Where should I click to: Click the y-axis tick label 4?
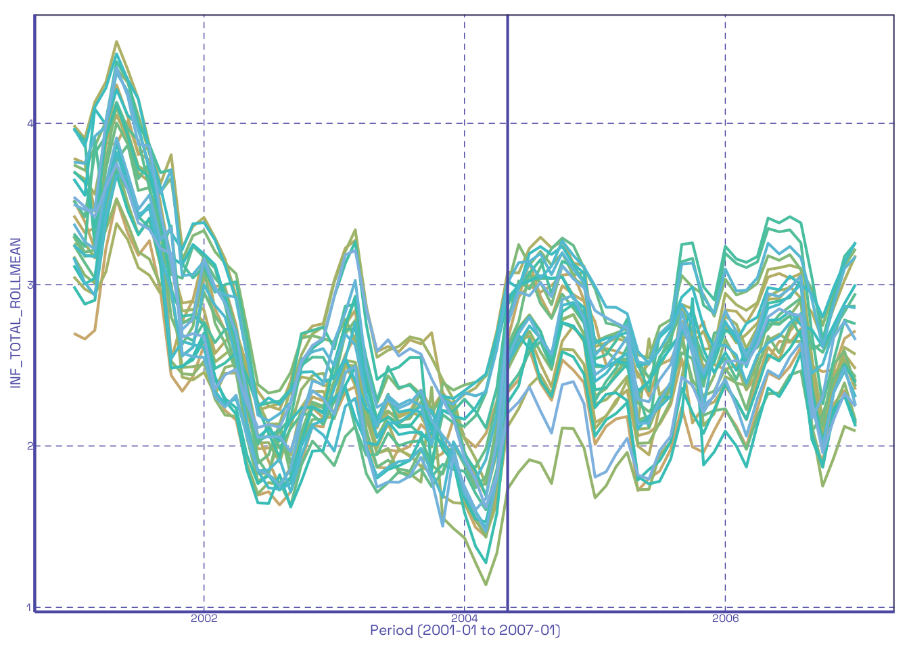pos(29,124)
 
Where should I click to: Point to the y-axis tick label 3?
pos(29,285)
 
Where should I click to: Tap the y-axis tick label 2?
pos(29,446)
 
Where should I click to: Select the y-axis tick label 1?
pos(29,607)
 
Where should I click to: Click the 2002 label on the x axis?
pos(204,619)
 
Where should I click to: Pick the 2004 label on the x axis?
pos(465,619)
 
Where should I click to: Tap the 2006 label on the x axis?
pos(725,619)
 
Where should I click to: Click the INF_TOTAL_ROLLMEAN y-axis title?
pos(16,312)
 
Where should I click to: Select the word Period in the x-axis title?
pos(392,631)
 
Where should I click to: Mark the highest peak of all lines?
pos(116,41)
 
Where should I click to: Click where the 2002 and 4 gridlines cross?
pos(204,124)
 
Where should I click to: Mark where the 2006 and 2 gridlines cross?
pos(725,446)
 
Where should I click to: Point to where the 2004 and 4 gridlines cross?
pos(465,124)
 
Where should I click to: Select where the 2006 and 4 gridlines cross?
pos(725,124)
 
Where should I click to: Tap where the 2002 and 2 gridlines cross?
pos(204,446)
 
